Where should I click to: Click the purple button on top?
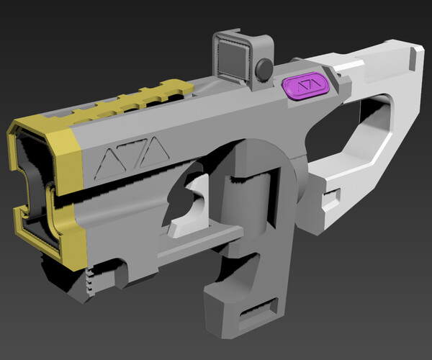[x=305, y=87]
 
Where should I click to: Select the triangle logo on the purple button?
[x=305, y=87]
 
